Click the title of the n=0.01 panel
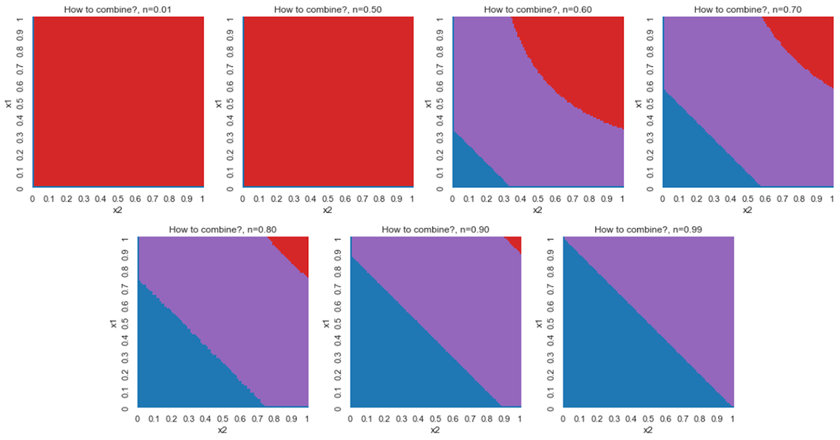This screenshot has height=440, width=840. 118,9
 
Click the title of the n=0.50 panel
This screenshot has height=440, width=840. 328,9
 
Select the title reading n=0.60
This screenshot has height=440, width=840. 538,9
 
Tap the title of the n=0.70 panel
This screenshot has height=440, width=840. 748,9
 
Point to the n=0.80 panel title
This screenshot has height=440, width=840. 223,230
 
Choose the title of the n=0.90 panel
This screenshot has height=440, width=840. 435,230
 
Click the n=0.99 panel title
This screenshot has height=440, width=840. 648,230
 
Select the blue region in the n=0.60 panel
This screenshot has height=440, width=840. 470,168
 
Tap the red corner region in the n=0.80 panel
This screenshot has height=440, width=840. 294,249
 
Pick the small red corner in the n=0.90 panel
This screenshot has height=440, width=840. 516,243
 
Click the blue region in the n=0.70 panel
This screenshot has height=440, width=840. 693,152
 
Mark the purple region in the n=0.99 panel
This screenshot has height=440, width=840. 682,294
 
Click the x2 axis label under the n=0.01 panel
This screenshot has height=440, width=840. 118,210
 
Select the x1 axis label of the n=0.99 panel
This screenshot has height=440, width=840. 539,324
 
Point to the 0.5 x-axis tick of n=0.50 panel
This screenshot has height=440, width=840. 328,199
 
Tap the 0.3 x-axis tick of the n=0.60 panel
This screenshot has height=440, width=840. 504,199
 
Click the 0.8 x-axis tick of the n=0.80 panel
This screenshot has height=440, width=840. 274,419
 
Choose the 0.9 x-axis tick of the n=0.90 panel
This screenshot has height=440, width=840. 504,419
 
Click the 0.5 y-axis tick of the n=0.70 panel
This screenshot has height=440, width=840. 650,103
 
